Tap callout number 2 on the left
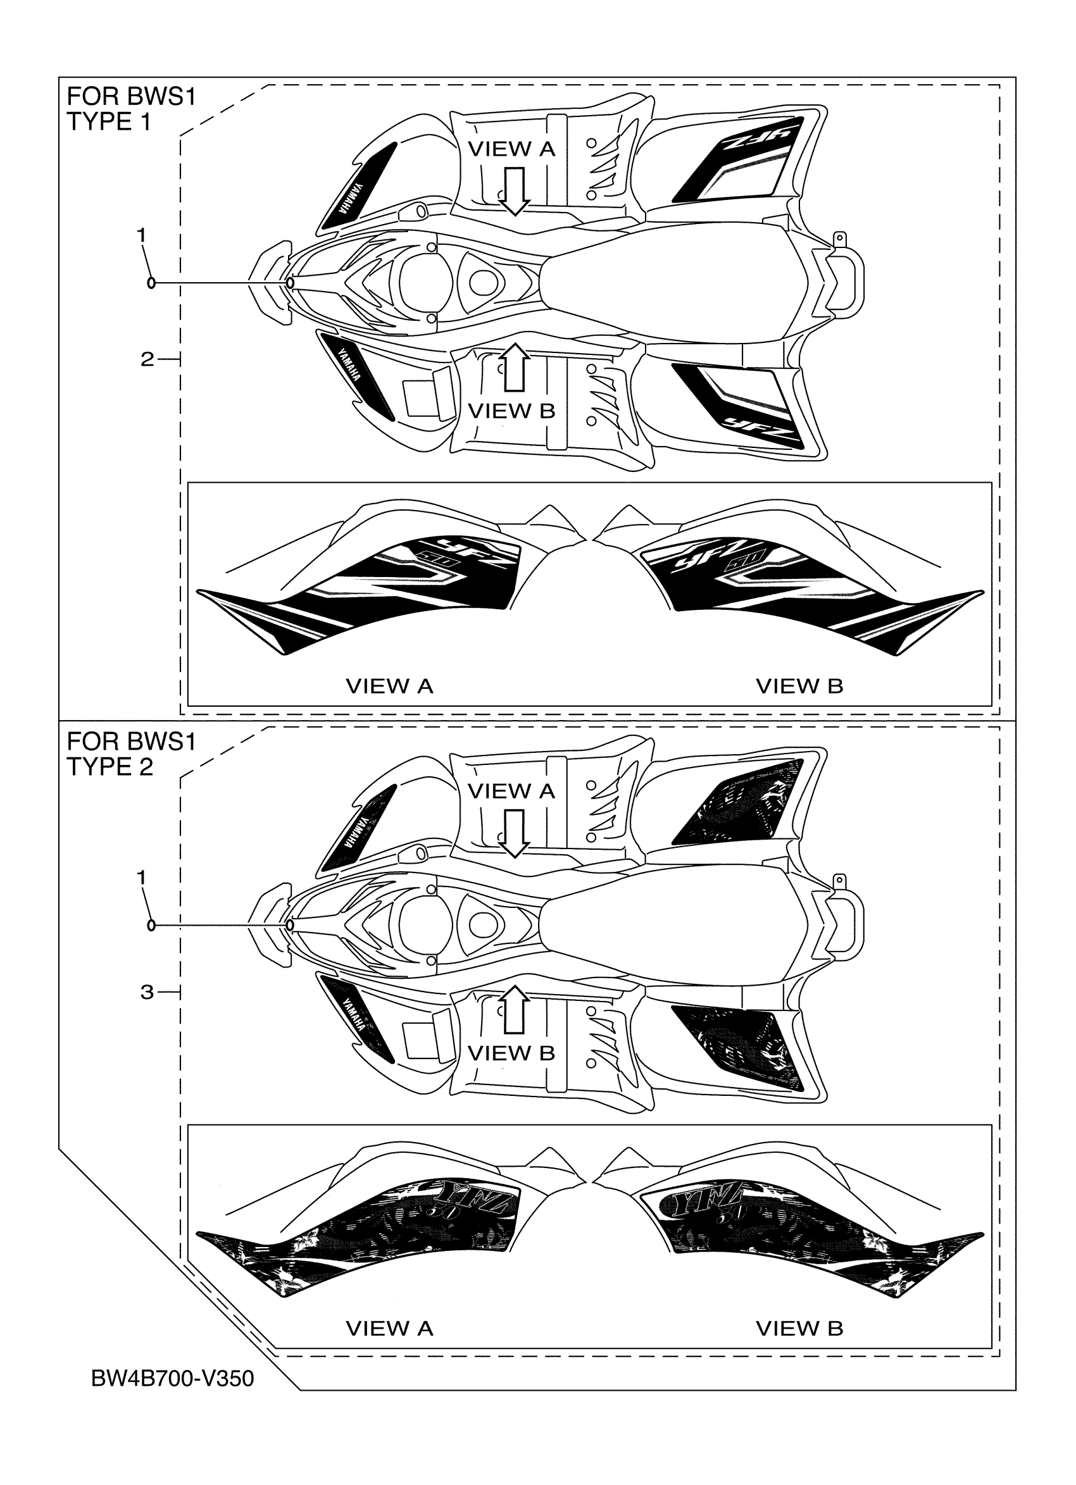click(147, 359)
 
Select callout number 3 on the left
click(147, 992)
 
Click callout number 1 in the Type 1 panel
click(141, 234)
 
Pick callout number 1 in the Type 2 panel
click(141, 877)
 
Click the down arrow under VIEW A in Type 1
click(515, 190)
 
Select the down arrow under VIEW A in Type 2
click(515, 833)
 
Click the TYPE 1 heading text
click(109, 121)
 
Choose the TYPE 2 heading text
click(109, 766)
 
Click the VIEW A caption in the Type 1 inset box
click(389, 687)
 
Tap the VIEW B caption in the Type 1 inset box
click(799, 687)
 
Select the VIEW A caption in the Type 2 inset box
click(389, 1329)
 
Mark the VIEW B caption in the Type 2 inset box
click(799, 1329)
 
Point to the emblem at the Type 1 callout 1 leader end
click(289, 283)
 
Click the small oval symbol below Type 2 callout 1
click(151, 925)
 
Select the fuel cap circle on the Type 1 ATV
click(427, 283)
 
